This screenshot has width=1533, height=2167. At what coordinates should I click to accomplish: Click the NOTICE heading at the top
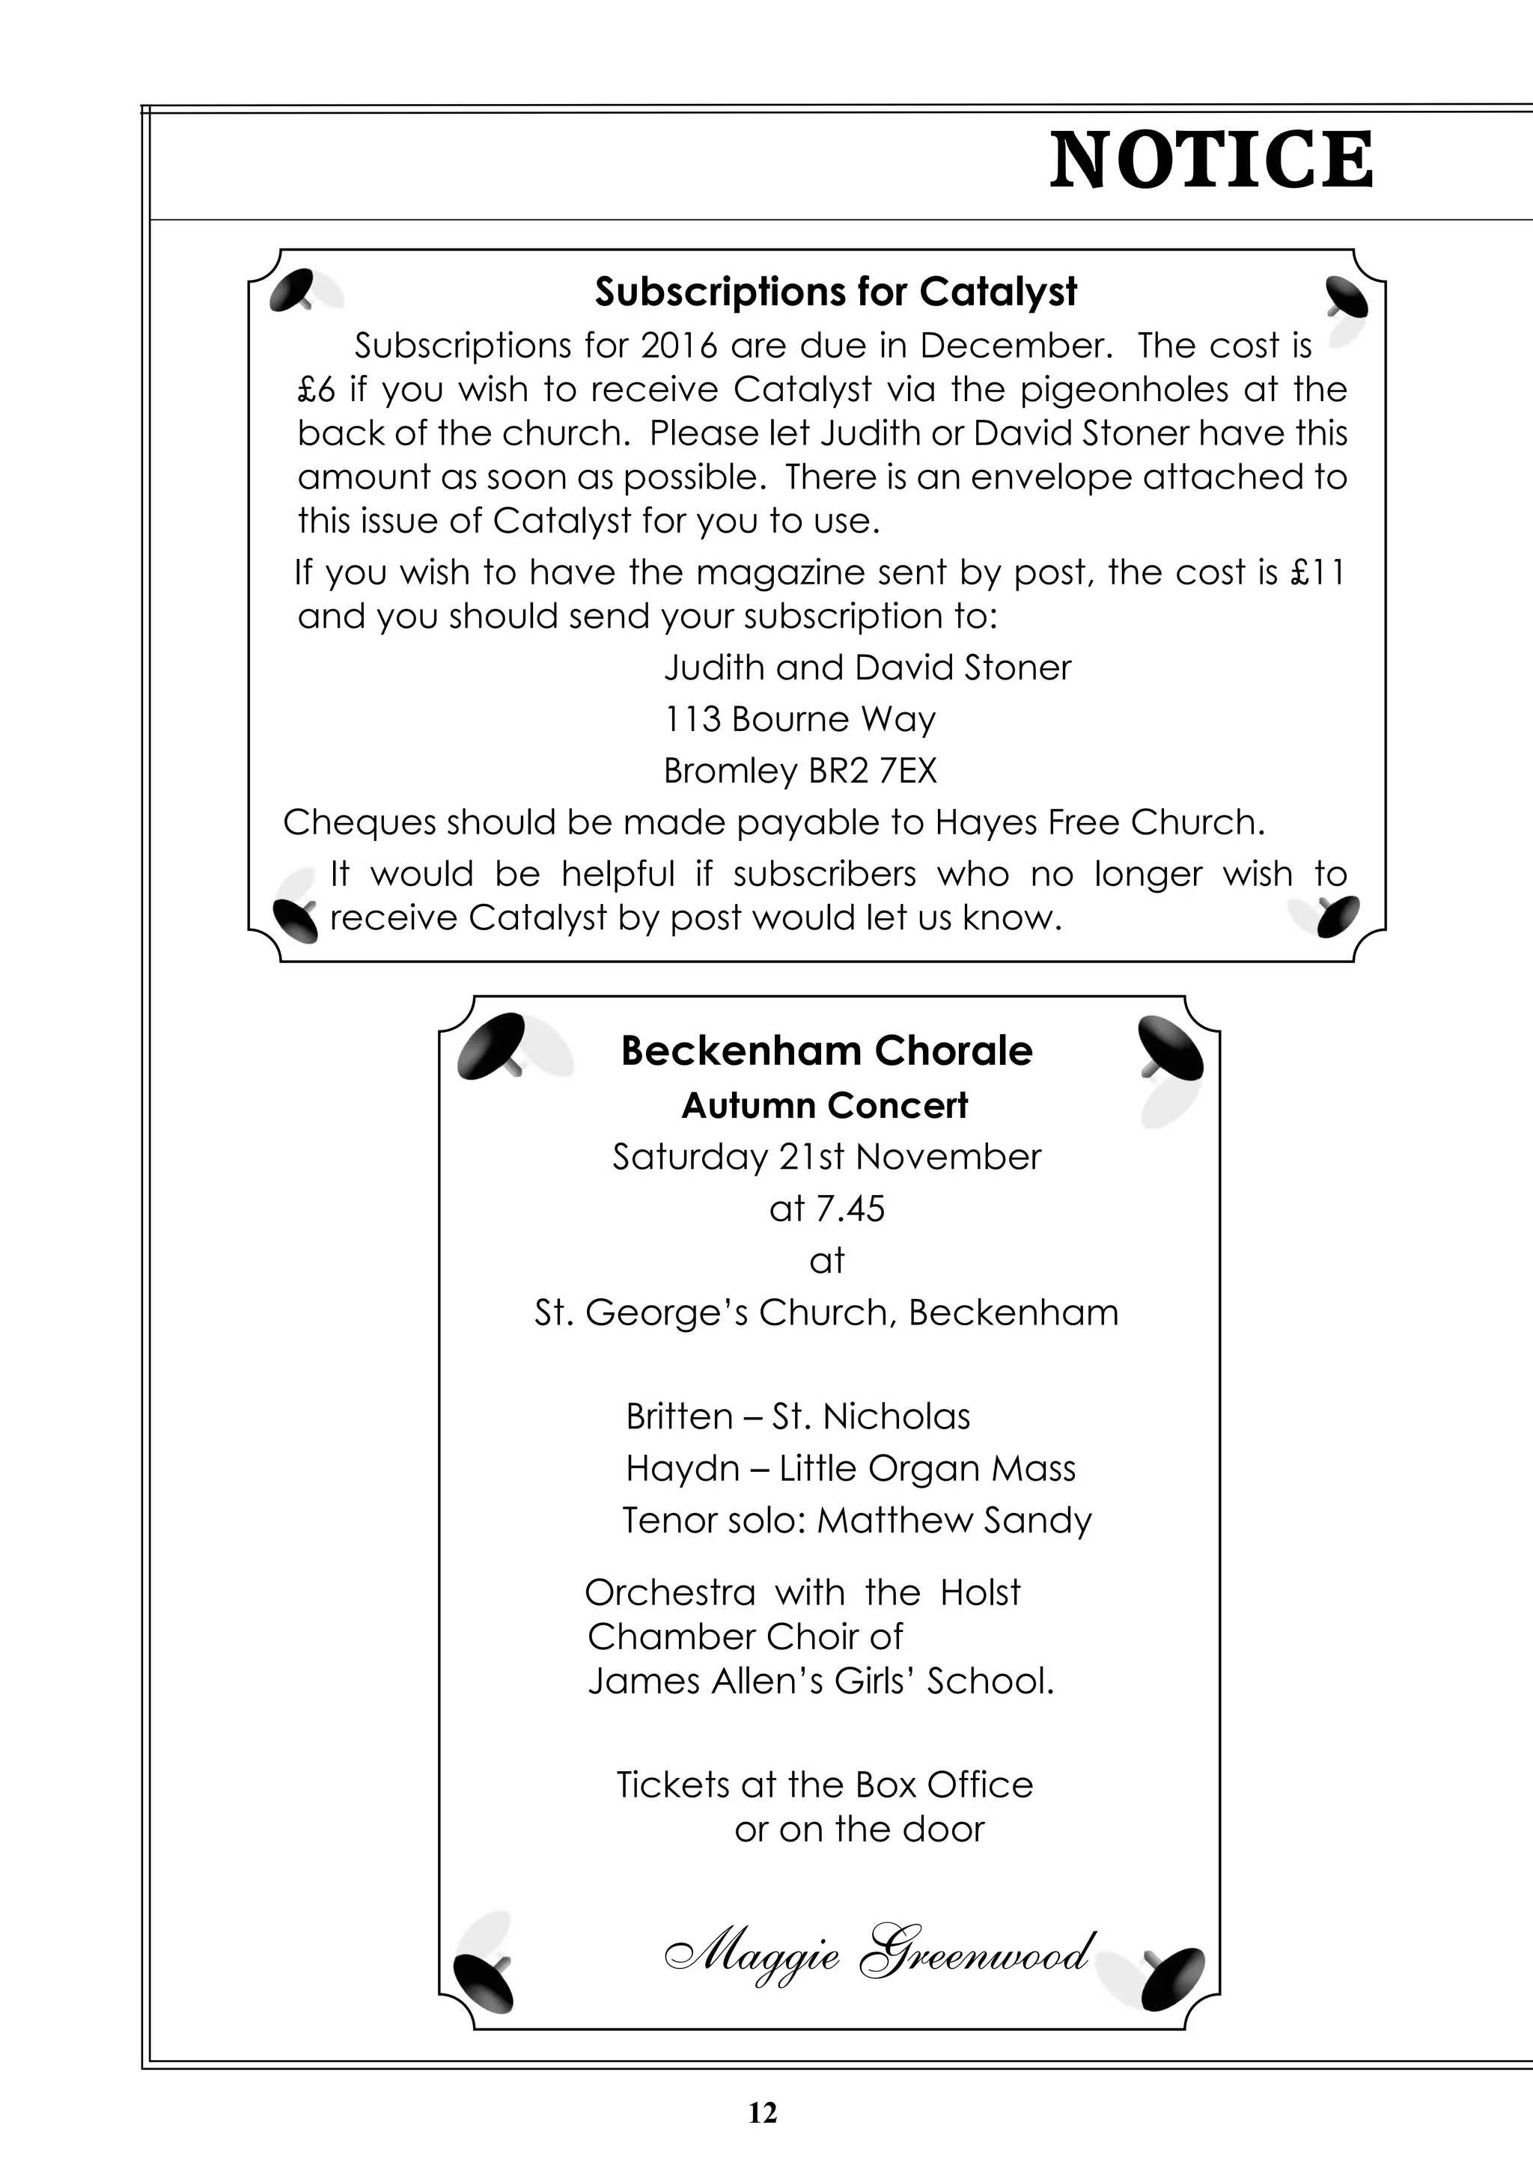tap(1211, 160)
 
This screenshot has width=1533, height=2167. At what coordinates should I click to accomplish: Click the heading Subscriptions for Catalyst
tap(835, 293)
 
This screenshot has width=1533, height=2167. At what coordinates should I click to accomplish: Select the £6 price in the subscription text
tap(314, 390)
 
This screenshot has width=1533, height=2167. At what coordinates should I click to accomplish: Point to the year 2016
tap(679, 346)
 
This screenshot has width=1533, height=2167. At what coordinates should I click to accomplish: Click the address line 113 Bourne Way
tap(799, 719)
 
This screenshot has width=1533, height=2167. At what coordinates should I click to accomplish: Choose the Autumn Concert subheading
tap(824, 1105)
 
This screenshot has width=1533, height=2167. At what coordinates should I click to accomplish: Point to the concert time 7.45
tap(853, 1209)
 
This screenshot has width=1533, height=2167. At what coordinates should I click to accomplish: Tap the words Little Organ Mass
tap(927, 1469)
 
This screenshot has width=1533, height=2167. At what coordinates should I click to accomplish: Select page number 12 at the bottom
tap(762, 2113)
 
